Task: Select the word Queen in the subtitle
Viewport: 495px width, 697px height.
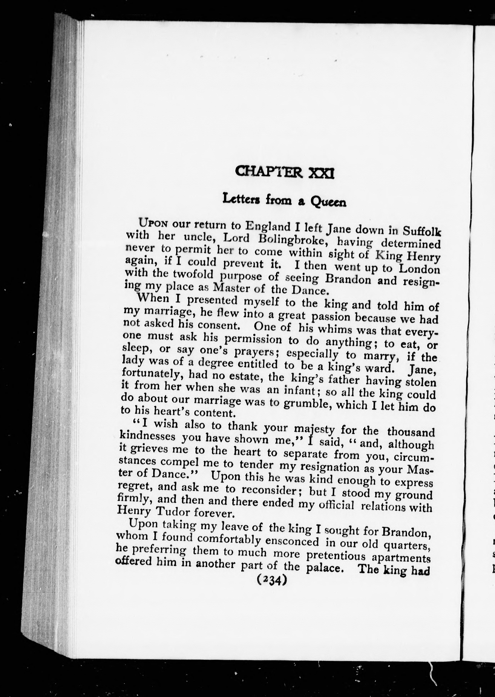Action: click(x=328, y=202)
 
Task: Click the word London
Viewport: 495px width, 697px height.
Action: click(x=420, y=269)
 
